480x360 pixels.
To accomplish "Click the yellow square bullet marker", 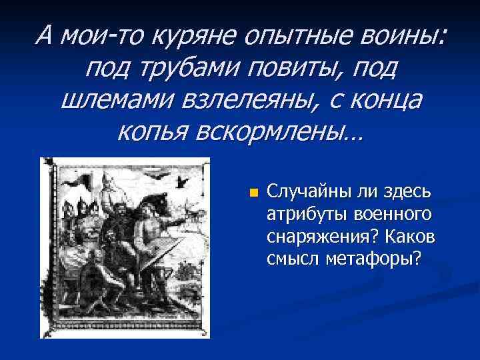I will (x=253, y=193).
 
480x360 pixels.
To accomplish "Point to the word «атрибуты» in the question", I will (x=299, y=214).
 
